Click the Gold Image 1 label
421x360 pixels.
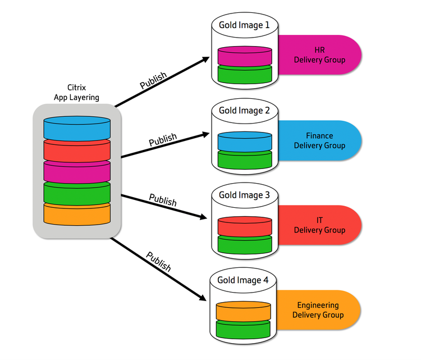[x=244, y=25]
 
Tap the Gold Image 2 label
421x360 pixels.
[x=244, y=111]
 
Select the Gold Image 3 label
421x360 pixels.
[x=244, y=195]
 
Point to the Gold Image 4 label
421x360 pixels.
[x=242, y=280]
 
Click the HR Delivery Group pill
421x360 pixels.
[x=319, y=55]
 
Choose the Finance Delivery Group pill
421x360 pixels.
[x=319, y=140]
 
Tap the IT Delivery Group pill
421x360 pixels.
[x=319, y=225]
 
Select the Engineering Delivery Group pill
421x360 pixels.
[x=318, y=310]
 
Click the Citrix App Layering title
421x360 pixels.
[x=76, y=93]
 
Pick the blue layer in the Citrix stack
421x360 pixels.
[x=77, y=129]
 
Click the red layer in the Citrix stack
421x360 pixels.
[x=77, y=151]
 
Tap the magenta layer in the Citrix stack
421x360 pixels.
[x=77, y=172]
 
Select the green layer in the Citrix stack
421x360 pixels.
[x=77, y=194]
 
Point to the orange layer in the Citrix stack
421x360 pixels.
[x=77, y=215]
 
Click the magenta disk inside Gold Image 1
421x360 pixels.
[x=245, y=56]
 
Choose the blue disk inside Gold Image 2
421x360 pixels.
[x=245, y=142]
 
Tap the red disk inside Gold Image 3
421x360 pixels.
[x=245, y=226]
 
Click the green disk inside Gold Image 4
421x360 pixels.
[x=243, y=329]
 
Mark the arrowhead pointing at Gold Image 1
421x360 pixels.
[x=206, y=59]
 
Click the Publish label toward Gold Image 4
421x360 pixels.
[x=158, y=262]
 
